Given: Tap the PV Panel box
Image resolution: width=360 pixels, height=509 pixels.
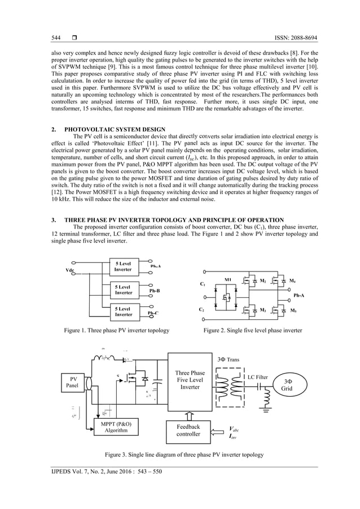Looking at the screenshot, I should coord(73,382).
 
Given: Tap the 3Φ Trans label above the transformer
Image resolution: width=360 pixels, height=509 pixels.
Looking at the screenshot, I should coord(228,359).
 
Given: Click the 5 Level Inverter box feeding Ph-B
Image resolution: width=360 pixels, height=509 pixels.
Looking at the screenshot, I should coord(124,290).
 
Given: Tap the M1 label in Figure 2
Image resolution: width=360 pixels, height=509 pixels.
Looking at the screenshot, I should coord(228,280).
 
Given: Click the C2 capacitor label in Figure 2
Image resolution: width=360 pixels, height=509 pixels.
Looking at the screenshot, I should coord(203,310).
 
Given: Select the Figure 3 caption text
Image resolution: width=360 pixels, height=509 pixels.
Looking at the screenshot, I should coord(180,454).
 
